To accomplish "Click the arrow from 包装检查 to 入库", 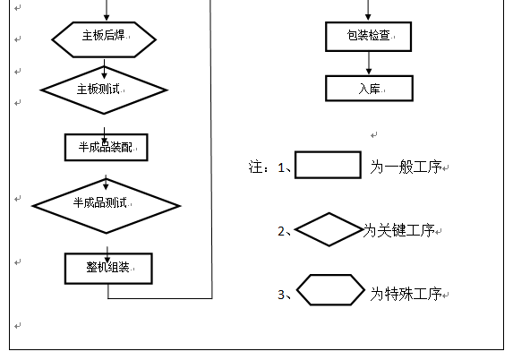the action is point(369,64).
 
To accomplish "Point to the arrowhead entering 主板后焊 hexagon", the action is point(107,18).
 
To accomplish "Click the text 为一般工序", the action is point(406,167).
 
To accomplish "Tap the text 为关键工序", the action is point(398,230).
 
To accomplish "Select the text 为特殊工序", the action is point(406,294).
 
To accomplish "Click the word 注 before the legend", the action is point(255,167).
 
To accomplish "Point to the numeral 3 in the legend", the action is point(281,295).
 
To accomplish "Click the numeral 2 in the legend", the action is point(281,231).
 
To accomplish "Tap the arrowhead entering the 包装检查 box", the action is point(368,18).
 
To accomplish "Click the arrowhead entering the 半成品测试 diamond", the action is point(106,186).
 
